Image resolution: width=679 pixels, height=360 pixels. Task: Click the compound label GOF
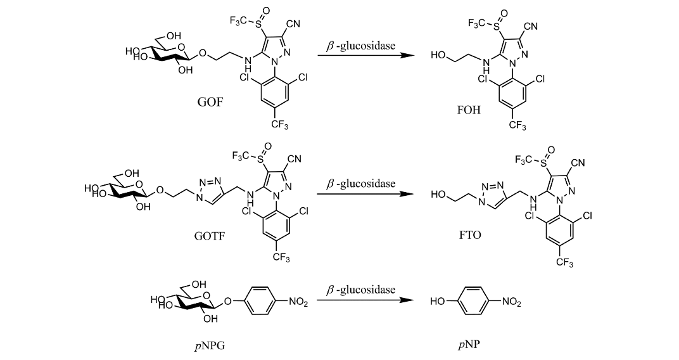pyautogui.click(x=210, y=102)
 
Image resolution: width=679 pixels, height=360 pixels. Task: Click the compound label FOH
pyautogui.click(x=469, y=110)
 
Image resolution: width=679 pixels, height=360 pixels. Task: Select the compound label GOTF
pyautogui.click(x=210, y=236)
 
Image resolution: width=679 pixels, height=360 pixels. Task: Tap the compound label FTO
pyautogui.click(x=470, y=235)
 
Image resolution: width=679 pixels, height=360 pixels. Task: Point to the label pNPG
pyautogui.click(x=210, y=345)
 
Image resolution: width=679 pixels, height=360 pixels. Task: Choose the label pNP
pyautogui.click(x=469, y=345)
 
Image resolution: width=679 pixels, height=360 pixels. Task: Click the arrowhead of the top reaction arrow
pyautogui.click(x=407, y=55)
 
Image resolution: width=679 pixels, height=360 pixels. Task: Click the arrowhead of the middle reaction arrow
pyautogui.click(x=407, y=194)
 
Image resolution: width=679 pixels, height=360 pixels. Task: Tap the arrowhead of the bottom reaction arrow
pyautogui.click(x=407, y=300)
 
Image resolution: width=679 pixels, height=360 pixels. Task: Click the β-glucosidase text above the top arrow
pyautogui.click(x=361, y=46)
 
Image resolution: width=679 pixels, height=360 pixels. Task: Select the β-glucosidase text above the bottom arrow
pyautogui.click(x=361, y=290)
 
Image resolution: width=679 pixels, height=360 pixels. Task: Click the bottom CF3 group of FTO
pyautogui.click(x=564, y=262)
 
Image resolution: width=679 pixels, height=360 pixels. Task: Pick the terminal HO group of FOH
pyautogui.click(x=438, y=55)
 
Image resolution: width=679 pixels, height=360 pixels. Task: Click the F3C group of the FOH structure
pyautogui.click(x=476, y=23)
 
